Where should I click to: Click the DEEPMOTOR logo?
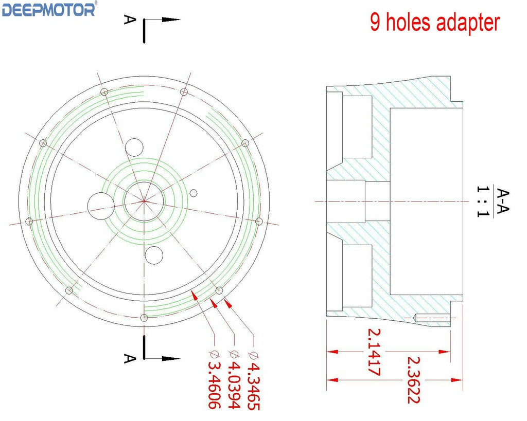(x=49, y=9)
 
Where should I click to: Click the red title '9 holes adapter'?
(x=435, y=23)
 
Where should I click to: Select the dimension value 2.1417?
(x=374, y=352)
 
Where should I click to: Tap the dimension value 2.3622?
(x=414, y=380)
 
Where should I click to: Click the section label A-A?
(x=503, y=201)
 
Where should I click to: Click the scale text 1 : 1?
(x=483, y=202)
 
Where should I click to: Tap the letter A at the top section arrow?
(x=130, y=20)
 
